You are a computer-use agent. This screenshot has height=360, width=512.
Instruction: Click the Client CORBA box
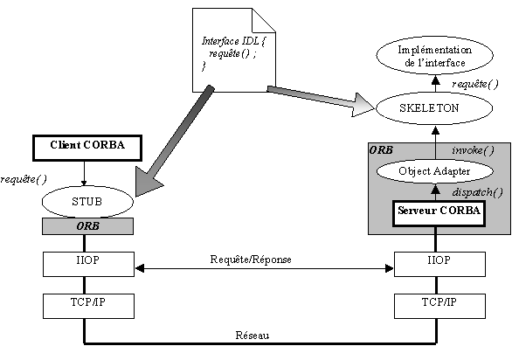pyautogui.click(x=87, y=148)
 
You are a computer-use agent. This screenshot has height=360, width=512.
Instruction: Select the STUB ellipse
pyautogui.click(x=87, y=202)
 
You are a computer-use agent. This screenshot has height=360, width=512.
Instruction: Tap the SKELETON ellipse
pyautogui.click(x=434, y=108)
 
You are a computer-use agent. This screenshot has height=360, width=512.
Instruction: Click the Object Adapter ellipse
pyautogui.click(x=434, y=171)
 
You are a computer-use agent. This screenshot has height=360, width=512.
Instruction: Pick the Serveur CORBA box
pyautogui.click(x=439, y=214)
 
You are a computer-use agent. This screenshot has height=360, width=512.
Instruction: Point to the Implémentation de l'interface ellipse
pyautogui.click(x=434, y=56)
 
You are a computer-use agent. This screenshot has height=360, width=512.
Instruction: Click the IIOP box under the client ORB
pyautogui.click(x=88, y=264)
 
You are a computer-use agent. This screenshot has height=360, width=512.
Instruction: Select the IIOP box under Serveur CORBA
pyautogui.click(x=439, y=264)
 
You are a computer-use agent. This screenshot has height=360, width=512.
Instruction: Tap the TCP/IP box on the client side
pyautogui.click(x=88, y=306)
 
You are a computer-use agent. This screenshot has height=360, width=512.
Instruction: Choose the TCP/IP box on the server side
pyautogui.click(x=439, y=306)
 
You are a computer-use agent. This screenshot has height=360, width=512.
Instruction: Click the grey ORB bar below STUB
pyautogui.click(x=87, y=226)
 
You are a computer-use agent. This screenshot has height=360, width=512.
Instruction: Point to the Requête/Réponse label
pyautogui.click(x=251, y=260)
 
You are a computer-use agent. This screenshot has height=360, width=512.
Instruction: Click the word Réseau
pyautogui.click(x=253, y=336)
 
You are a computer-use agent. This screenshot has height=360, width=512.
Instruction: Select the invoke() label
pyautogui.click(x=473, y=150)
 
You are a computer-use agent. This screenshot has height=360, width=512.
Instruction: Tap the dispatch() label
pyautogui.click(x=477, y=192)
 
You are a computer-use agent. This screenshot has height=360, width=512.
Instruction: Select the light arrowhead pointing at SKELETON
pyautogui.click(x=362, y=105)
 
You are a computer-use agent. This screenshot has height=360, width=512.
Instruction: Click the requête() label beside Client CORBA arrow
pyautogui.click(x=24, y=179)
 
